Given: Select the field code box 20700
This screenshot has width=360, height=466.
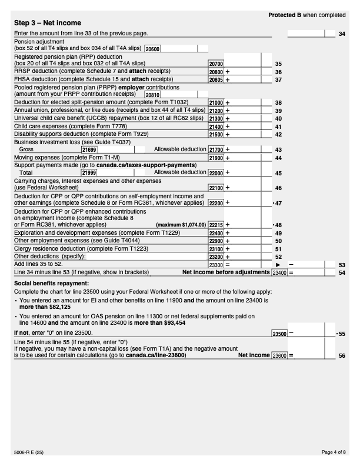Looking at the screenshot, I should pos(216,62).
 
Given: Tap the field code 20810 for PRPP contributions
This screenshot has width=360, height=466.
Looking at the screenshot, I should pos(152,94).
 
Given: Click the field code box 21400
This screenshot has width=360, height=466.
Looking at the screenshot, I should pos(216,125).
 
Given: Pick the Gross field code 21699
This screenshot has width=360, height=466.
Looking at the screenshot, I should pos(89,149).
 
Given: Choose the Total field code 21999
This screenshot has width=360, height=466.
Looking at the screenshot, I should pos(89,173).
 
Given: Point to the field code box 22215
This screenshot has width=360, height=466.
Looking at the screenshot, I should pos(216,224).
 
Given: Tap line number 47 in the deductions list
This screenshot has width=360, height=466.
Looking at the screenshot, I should pos(278,202).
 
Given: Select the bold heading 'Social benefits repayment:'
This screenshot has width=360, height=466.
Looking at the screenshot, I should pos(48,284).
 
